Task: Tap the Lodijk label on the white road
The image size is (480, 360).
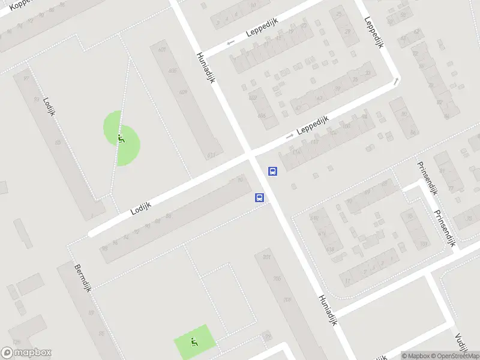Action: coord(140,208)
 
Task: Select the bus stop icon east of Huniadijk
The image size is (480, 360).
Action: coord(272,172)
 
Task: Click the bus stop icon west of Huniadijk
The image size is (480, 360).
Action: coord(260,197)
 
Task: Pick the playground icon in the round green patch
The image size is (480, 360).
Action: coord(121,139)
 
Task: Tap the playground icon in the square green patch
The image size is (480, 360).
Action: coord(193,343)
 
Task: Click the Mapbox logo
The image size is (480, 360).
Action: coord(26,353)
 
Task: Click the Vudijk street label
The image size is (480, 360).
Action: coord(461,345)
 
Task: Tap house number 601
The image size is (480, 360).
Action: coord(161,50)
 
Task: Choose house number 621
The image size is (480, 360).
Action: coord(211,155)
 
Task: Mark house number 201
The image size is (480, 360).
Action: coord(267,258)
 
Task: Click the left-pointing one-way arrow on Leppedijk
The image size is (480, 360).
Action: coord(230,43)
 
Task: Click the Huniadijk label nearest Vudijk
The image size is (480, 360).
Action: coord(327,310)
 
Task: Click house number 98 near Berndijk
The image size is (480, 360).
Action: coord(105,247)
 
